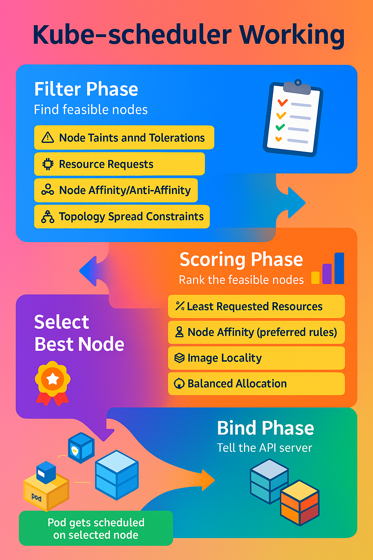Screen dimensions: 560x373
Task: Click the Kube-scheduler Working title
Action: [189, 35]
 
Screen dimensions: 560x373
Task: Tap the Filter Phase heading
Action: [86, 89]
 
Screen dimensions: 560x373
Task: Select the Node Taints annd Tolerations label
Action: [132, 138]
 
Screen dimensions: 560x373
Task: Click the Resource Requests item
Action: [106, 164]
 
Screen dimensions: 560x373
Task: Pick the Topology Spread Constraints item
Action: [131, 217]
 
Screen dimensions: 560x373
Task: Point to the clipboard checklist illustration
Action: [293, 118]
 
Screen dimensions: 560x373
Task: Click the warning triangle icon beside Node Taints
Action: [48, 138]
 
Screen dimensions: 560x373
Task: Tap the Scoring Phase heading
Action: [241, 260]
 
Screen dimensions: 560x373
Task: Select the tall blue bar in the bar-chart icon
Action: [339, 268]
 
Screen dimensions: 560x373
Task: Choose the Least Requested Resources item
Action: [255, 307]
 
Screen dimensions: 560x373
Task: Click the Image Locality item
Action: [224, 358]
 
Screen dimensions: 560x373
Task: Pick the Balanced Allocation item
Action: [237, 384]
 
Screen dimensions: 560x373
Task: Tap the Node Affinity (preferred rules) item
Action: [262, 332]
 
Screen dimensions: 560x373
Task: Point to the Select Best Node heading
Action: [79, 333]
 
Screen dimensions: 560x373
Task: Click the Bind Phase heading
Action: [265, 428]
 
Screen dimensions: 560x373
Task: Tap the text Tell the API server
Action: [264, 448]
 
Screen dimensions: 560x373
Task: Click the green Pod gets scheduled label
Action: [96, 528]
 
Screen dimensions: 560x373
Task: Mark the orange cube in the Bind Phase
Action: [300, 502]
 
